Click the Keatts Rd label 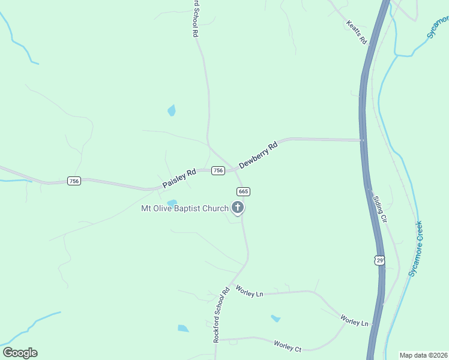click(x=355, y=32)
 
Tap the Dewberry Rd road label click(x=258, y=155)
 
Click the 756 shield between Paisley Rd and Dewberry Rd click(x=218, y=170)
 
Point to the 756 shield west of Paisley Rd click(x=74, y=181)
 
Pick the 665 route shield click(x=243, y=191)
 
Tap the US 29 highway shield click(x=378, y=260)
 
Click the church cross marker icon click(x=238, y=208)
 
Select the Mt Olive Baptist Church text click(x=184, y=208)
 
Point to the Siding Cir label click(x=380, y=208)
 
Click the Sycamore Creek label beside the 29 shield click(x=416, y=248)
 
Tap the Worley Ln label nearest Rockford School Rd click(x=250, y=292)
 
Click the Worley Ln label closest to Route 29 click(x=354, y=320)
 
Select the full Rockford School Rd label click(x=221, y=315)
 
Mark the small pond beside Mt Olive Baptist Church click(x=172, y=203)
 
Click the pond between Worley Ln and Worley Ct click(x=276, y=318)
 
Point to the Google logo click(x=20, y=352)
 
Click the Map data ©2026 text click(x=423, y=355)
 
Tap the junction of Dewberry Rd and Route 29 click(x=363, y=140)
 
